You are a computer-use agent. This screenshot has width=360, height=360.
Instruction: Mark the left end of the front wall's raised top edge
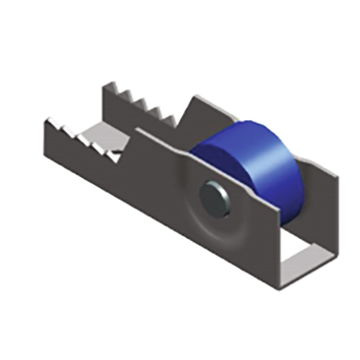[137, 132]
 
